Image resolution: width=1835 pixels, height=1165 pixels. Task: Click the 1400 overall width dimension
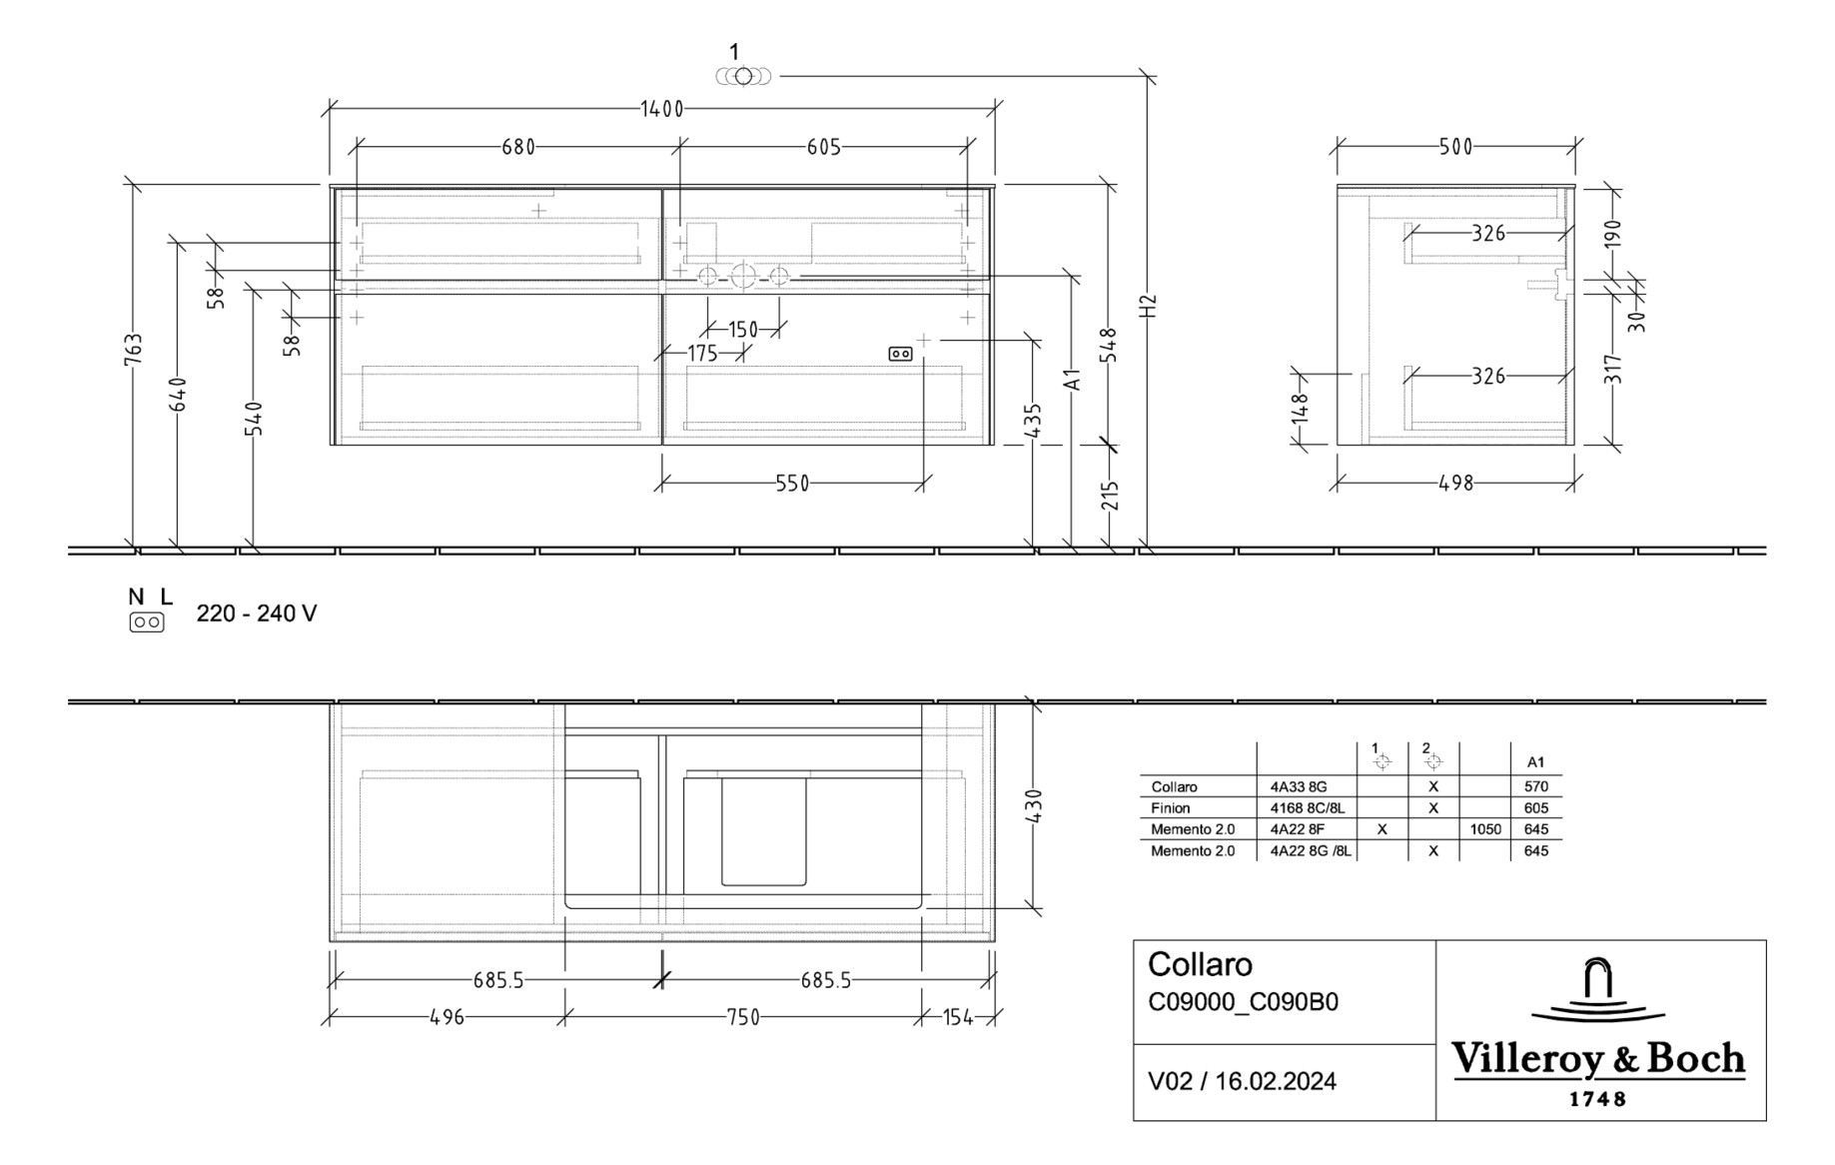661,109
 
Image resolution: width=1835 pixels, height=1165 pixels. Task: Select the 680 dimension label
518,147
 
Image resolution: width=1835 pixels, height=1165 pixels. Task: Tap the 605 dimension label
823,147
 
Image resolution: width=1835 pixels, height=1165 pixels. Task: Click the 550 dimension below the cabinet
792,484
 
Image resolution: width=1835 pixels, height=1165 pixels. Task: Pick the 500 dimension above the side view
1455,147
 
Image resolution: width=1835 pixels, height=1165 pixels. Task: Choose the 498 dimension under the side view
1455,483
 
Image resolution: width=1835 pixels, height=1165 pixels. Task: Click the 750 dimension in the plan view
743,1017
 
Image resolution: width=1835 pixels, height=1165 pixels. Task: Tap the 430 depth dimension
1034,806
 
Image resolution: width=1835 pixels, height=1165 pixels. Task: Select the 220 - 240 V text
257,613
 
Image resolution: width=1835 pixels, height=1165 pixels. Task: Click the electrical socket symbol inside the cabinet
900,354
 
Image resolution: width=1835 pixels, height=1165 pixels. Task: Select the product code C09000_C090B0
1243,1002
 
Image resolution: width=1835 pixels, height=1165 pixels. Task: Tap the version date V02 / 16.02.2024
1242,1081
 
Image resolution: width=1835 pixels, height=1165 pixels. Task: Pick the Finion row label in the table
1171,808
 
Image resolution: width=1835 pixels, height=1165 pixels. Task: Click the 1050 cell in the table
1485,829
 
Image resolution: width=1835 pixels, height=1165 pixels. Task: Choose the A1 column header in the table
1536,762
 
